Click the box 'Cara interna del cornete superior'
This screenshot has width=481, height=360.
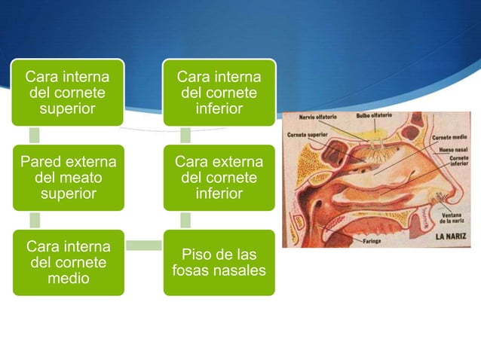pos(67,93)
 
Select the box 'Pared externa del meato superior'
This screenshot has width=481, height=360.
pos(67,178)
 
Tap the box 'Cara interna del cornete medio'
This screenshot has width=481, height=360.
pos(67,263)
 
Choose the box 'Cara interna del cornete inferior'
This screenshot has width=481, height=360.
pos(219,93)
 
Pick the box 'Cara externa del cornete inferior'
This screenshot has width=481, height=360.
pos(219,178)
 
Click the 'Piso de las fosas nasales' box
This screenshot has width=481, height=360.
pos(219,261)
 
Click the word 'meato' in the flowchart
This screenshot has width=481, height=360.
pos(67,178)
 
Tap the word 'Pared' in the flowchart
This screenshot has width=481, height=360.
pos(41,162)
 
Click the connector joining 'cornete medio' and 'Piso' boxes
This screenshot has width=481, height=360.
pos(143,246)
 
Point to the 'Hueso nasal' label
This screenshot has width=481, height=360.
pos(452,150)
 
